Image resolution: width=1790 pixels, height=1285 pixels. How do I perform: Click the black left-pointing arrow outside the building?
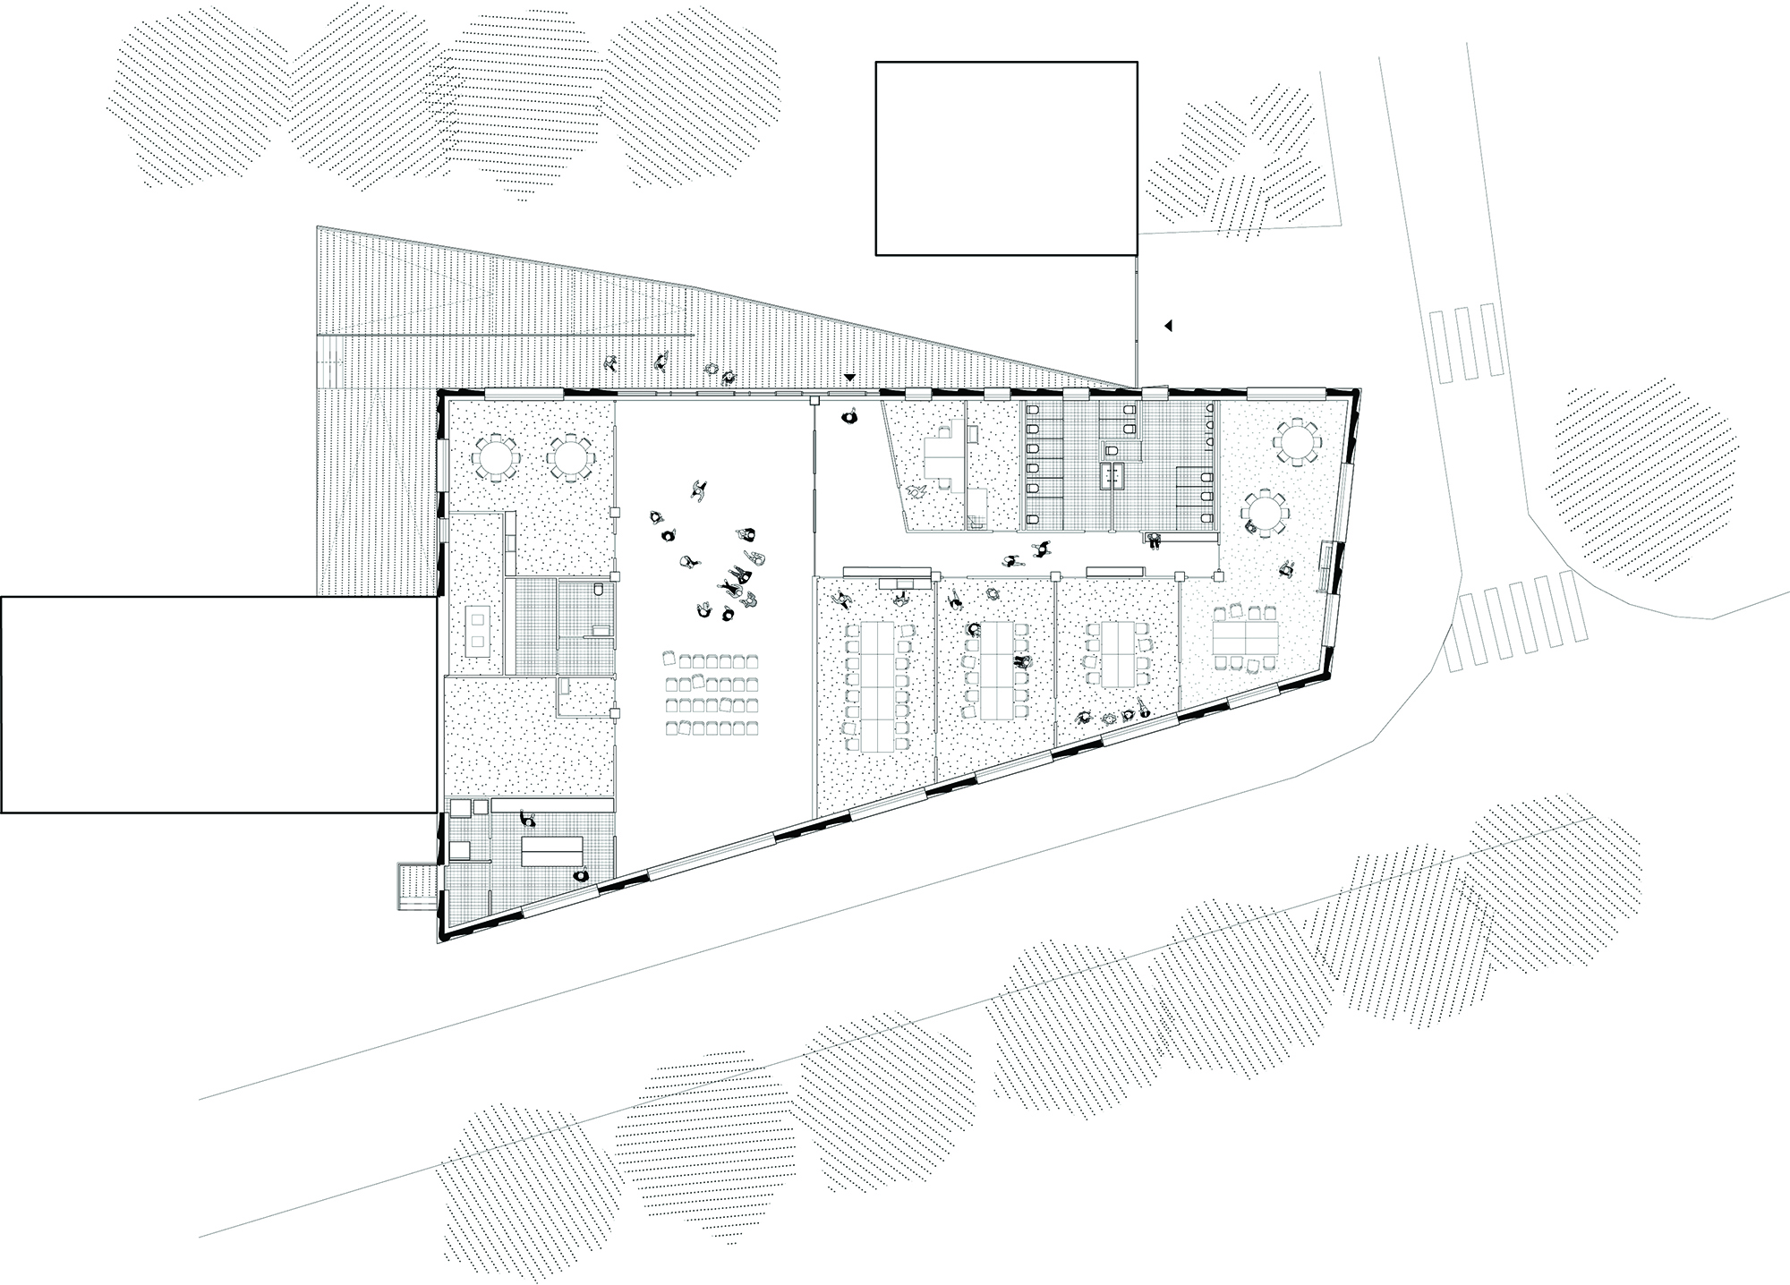1167,327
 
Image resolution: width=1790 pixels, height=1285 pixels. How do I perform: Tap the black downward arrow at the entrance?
849,378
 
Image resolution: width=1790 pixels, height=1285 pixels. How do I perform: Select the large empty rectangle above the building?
1006,158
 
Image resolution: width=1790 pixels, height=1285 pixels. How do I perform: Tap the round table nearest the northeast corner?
1298,443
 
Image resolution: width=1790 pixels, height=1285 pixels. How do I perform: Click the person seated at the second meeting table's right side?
1020,663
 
